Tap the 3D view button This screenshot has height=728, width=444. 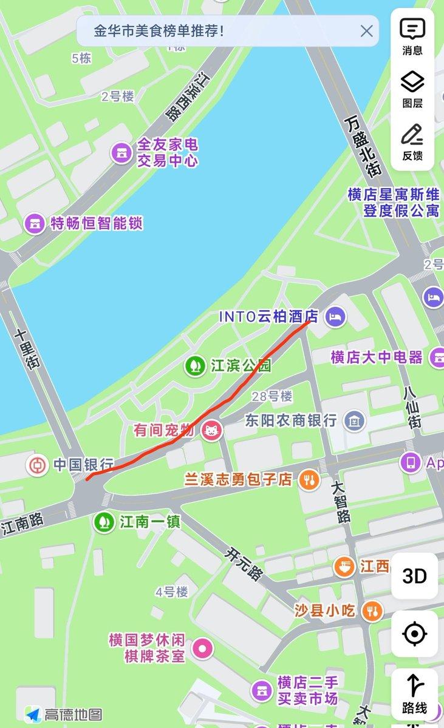point(415,576)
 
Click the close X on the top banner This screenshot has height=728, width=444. point(366,31)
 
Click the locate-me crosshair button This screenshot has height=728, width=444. point(415,634)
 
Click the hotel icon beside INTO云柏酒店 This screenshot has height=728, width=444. point(335,315)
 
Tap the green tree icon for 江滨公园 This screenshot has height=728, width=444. point(196,366)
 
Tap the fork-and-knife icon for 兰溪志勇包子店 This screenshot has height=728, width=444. point(309,480)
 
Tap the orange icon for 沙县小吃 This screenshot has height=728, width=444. point(372,610)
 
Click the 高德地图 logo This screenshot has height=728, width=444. point(64,715)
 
